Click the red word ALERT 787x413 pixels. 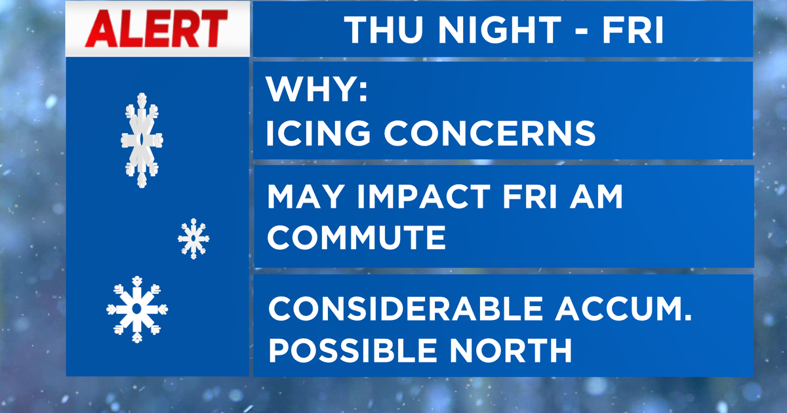pyautogui.click(x=156, y=28)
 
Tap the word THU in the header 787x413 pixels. pyautogui.click(x=384, y=30)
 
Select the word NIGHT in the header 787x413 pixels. pyautogui.click(x=500, y=30)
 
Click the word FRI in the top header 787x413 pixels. pyautogui.click(x=633, y=30)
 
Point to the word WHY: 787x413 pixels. pyautogui.click(x=317, y=89)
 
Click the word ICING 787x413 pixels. pyautogui.click(x=318, y=132)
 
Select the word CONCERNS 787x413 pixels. pyautogui.click(x=490, y=132)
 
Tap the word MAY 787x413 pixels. pyautogui.click(x=306, y=196)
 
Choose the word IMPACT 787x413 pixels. pyautogui.click(x=424, y=196)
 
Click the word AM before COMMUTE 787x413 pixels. pyautogui.click(x=596, y=196)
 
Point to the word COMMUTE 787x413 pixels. pyautogui.click(x=357, y=237)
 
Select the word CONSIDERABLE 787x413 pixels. pyautogui.click(x=405, y=309)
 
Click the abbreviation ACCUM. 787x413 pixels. pyautogui.click(x=623, y=309)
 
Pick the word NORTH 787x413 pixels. pyautogui.click(x=510, y=350)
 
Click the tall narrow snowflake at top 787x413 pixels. pyautogui.click(x=142, y=140)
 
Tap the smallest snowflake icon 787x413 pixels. pyautogui.click(x=193, y=239)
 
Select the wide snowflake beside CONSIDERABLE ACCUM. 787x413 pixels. pyautogui.click(x=137, y=309)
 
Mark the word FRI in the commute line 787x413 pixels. pyautogui.click(x=530, y=196)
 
